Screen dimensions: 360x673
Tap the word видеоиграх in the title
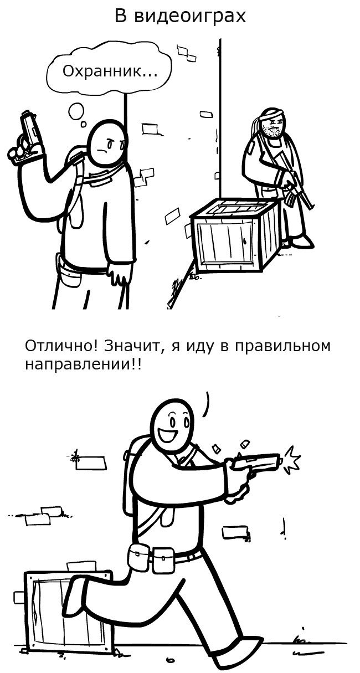tap(190, 16)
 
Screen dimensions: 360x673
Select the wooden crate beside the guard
tap(234, 234)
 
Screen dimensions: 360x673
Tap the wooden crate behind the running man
tap(65, 610)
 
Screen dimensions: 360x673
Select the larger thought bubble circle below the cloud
tap(76, 111)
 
